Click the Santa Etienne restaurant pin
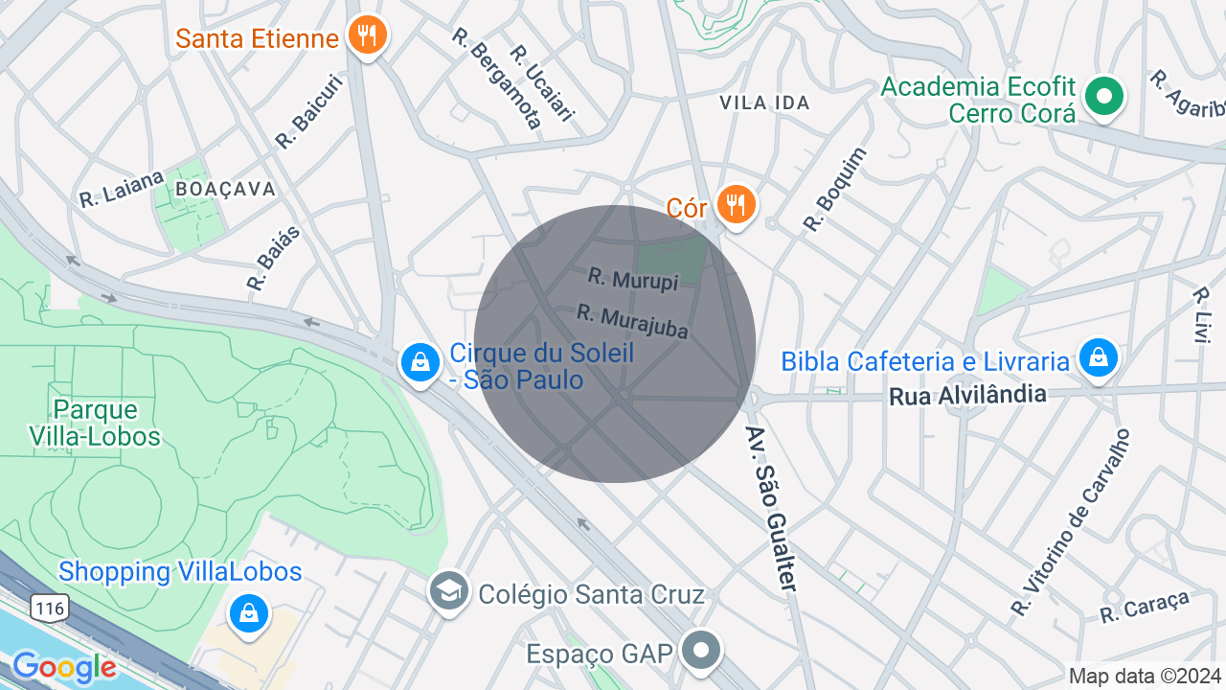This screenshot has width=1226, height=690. (x=366, y=36)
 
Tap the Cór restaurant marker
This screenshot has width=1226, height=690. (x=736, y=204)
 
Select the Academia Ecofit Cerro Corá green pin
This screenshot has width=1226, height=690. (x=1104, y=96)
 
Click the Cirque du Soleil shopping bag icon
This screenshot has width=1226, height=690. (x=420, y=363)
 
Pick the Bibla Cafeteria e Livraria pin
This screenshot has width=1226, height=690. (x=1098, y=357)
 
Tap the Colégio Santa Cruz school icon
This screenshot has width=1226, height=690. (x=448, y=590)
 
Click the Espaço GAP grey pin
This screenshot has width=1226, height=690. (x=702, y=651)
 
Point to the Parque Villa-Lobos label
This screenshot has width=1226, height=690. (x=107, y=424)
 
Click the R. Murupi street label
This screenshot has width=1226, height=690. (x=633, y=279)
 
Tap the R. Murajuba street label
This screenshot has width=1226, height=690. (x=633, y=321)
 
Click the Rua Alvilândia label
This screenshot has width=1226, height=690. (x=967, y=395)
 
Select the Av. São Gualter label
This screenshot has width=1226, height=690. (x=771, y=509)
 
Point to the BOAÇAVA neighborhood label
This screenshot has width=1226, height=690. (x=226, y=189)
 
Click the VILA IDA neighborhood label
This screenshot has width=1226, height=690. (x=764, y=103)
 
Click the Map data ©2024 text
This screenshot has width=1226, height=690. (x=1145, y=676)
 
